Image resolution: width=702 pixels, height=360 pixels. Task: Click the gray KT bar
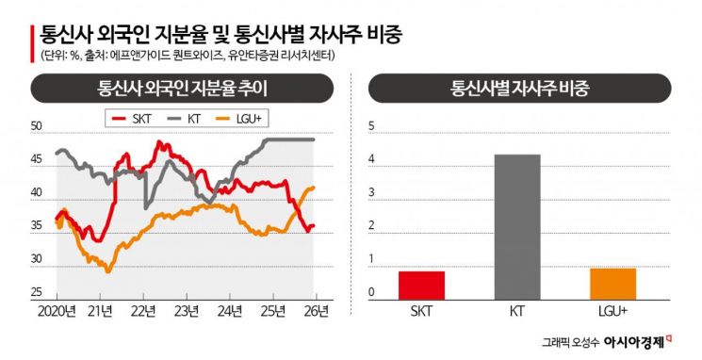(x=517, y=225)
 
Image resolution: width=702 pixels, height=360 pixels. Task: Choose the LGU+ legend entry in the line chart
(x=243, y=119)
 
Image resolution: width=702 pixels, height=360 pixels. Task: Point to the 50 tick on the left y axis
(x=37, y=126)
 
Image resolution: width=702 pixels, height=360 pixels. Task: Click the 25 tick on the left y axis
(x=37, y=291)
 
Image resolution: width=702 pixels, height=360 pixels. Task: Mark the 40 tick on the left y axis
(x=37, y=192)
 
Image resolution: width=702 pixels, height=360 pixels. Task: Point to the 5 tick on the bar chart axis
(x=371, y=126)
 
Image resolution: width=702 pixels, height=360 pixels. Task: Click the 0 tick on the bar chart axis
(x=371, y=292)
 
